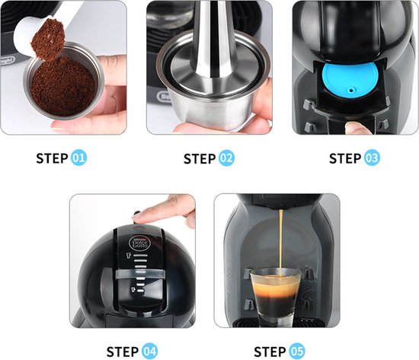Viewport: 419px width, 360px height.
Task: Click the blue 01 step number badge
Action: [x=78, y=158]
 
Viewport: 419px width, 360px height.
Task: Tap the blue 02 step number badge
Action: [x=226, y=158]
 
